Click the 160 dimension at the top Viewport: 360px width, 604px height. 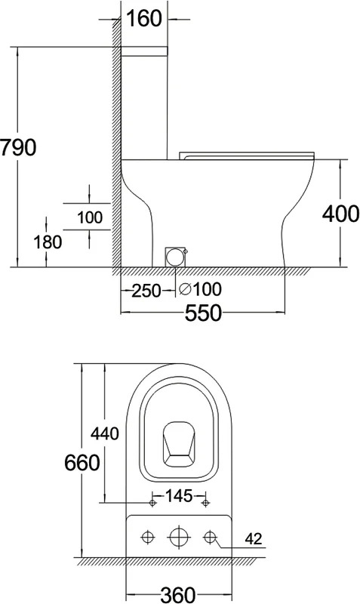point(144,18)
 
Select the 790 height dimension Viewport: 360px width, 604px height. point(17,147)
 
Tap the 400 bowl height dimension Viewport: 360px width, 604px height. point(340,214)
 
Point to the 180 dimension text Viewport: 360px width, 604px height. point(48,242)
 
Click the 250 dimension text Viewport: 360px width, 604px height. point(146,291)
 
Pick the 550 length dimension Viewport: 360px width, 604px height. point(203,313)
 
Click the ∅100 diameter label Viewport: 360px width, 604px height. point(200,289)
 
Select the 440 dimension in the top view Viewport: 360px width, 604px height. point(105,434)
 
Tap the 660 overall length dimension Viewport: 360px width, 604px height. point(82,462)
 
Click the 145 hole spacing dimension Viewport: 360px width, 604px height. point(179,496)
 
